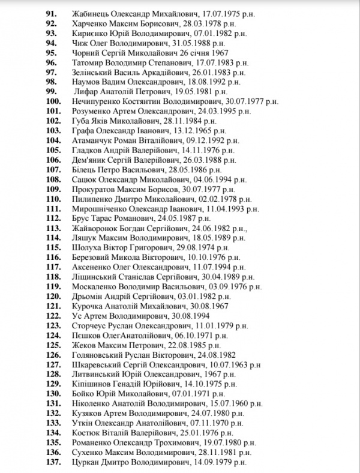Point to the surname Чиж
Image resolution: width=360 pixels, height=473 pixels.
tap(79, 43)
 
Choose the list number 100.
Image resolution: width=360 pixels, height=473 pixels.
tap(53, 101)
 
